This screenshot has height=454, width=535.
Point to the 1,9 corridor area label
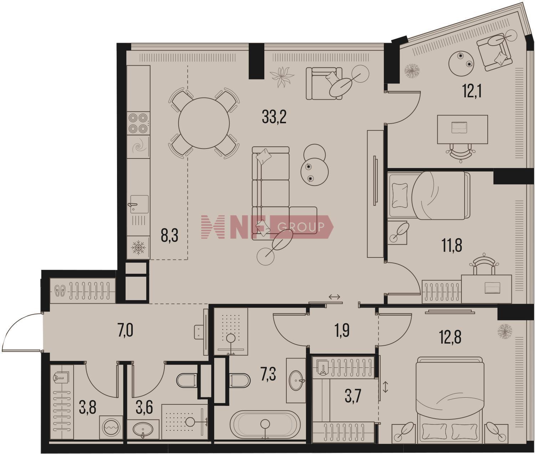(x=342, y=331)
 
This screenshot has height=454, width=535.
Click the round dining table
(x=204, y=123)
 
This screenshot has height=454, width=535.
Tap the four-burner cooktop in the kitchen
(x=138, y=123)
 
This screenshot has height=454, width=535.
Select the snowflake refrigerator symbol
(x=138, y=248)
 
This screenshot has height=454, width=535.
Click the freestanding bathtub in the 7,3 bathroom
(x=265, y=426)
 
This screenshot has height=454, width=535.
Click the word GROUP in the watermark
(x=300, y=227)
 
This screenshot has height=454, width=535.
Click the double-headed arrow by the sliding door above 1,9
(x=334, y=297)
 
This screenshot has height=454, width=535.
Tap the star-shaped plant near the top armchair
(x=282, y=77)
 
